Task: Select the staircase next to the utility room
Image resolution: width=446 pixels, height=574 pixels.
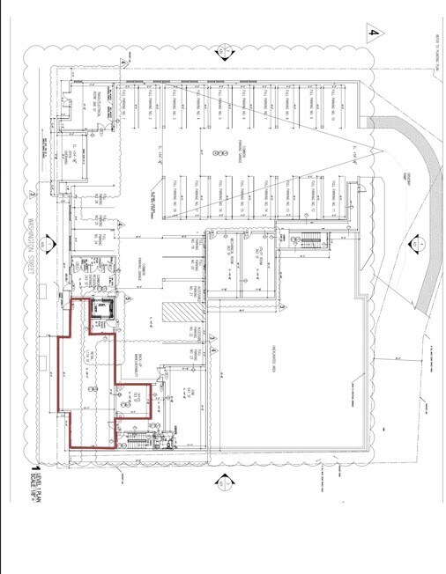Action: click(309, 239)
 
